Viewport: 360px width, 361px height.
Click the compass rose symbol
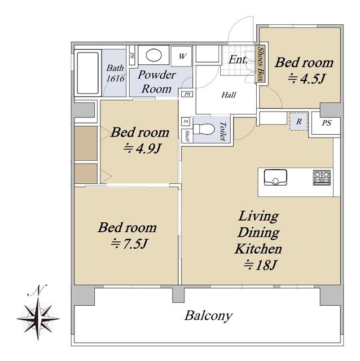(x=38, y=319)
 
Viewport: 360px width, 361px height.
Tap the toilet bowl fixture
(x=204, y=129)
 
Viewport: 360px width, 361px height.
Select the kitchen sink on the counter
(x=275, y=177)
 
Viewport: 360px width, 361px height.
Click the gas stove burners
(x=322, y=178)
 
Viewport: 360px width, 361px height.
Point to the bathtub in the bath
(x=88, y=73)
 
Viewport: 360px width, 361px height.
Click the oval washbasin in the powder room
(x=153, y=55)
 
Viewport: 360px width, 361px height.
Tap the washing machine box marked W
(x=182, y=56)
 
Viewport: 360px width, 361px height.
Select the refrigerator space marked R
(x=298, y=122)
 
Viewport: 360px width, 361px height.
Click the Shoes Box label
(x=261, y=64)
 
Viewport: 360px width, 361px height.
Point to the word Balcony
(x=208, y=316)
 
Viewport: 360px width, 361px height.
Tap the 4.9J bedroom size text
(x=142, y=149)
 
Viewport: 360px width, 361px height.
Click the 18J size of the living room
(x=260, y=265)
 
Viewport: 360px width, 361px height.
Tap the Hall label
(x=229, y=95)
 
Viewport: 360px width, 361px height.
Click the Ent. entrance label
(x=238, y=60)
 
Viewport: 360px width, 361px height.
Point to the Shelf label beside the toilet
(x=187, y=137)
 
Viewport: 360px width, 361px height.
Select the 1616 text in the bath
(x=115, y=78)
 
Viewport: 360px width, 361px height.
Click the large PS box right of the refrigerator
(x=326, y=124)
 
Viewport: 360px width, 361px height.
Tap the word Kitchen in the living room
(x=258, y=249)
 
